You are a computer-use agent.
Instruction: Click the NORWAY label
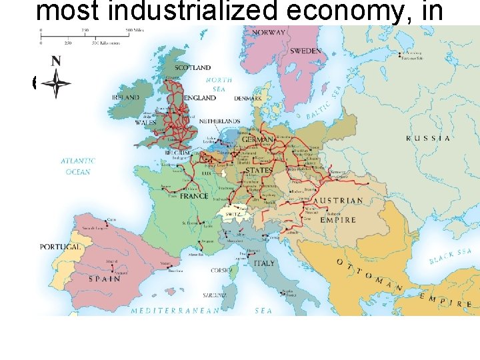267,32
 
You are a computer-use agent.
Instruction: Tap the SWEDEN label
305,51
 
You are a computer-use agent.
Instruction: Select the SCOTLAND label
193,67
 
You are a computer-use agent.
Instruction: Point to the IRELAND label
126,97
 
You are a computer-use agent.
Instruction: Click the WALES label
145,123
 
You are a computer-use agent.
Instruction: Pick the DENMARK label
247,98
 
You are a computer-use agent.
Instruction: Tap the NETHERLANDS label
219,121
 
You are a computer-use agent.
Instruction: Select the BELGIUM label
177,152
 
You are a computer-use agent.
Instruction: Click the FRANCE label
194,197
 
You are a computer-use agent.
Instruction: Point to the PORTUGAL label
60,247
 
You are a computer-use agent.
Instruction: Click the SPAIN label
101,279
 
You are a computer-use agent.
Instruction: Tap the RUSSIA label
428,139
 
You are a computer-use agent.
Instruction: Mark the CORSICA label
221,271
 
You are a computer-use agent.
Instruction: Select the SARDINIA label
215,295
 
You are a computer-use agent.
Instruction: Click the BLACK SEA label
451,255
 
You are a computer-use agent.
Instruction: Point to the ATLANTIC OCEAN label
78,166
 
